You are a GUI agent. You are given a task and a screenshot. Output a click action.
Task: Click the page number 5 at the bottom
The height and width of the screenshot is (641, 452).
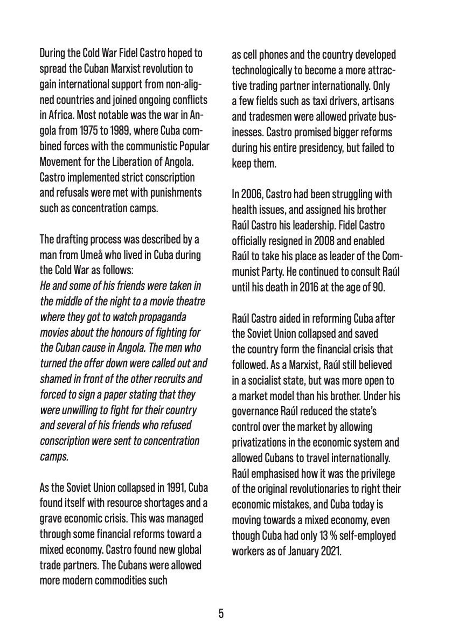coord(221,614)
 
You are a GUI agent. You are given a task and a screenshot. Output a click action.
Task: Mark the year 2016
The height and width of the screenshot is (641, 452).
coord(309,287)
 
